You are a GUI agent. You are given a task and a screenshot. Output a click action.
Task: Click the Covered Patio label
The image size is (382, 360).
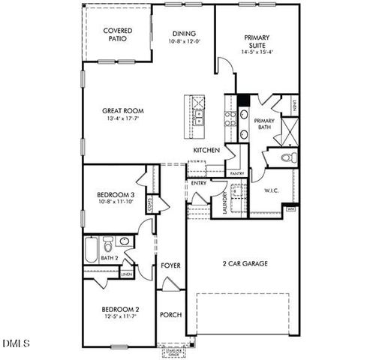click(118, 34)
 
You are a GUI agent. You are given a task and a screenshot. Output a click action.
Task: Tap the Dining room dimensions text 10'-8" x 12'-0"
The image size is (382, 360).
click(184, 43)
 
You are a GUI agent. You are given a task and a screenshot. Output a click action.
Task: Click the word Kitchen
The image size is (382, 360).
click(206, 151)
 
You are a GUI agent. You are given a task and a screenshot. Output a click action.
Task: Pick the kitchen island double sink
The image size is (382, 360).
click(198, 118)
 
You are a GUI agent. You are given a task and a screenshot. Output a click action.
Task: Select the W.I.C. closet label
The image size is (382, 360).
click(271, 190)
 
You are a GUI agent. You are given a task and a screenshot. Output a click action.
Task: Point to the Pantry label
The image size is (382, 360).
click(236, 173)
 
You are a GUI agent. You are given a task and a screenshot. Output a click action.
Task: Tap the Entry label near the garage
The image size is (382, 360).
click(199, 183)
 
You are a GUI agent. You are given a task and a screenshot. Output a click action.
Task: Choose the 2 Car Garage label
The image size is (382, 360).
click(245, 263)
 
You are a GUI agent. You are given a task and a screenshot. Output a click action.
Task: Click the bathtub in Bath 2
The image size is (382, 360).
click(92, 250)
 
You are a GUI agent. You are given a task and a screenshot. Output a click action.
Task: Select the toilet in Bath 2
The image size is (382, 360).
click(109, 245)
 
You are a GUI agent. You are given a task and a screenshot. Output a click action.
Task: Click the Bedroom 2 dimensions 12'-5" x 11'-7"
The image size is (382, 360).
click(119, 317)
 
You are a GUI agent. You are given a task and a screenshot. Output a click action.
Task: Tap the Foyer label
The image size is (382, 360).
click(170, 265)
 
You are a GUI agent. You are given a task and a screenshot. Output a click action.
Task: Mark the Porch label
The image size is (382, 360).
click(170, 314)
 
